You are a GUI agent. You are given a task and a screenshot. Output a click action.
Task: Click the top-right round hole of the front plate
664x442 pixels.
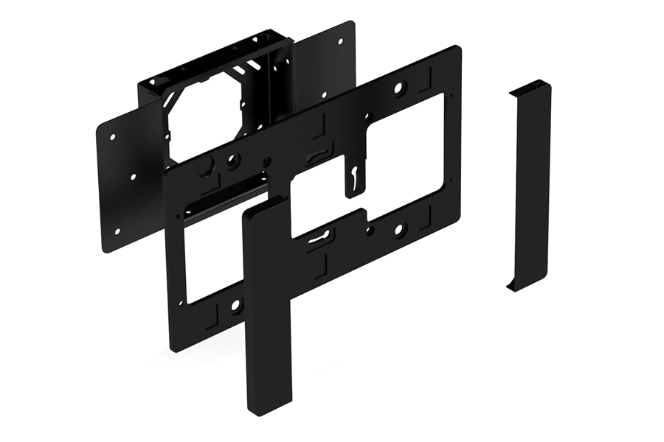[x=398, y=88]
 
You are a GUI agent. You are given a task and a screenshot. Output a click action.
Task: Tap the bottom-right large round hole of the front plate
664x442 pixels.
[x=398, y=231]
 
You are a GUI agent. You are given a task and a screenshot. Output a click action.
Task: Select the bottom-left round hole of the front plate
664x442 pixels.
[x=235, y=304]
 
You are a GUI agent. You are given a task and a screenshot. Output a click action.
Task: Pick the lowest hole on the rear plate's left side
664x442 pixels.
[x=117, y=231]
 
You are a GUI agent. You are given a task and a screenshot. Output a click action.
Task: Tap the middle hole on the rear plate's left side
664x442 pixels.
[x=133, y=177]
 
